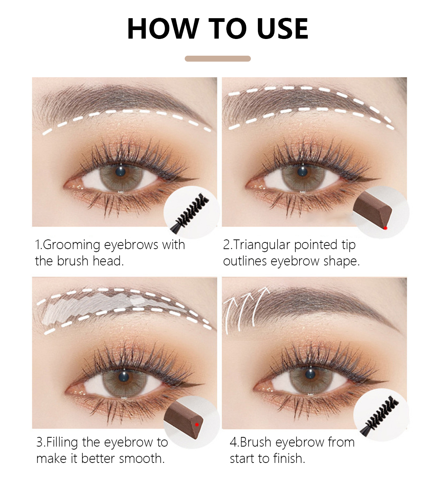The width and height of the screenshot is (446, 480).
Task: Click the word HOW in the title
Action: click(x=163, y=28)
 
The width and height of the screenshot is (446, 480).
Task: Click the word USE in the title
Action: click(x=282, y=28)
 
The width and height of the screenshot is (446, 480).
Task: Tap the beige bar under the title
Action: click(x=217, y=59)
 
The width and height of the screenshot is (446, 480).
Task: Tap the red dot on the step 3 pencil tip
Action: click(x=197, y=424)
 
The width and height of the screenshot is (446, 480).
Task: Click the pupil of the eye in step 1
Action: click(x=120, y=172)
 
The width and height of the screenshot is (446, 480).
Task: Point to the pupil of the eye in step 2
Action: click(x=302, y=172)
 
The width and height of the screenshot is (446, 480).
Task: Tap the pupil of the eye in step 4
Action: click(x=310, y=374)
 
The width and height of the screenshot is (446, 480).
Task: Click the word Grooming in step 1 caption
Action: click(x=72, y=245)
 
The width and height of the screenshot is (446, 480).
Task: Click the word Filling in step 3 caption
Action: click(x=62, y=442)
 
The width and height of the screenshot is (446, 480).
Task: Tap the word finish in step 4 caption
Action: click(x=289, y=458)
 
